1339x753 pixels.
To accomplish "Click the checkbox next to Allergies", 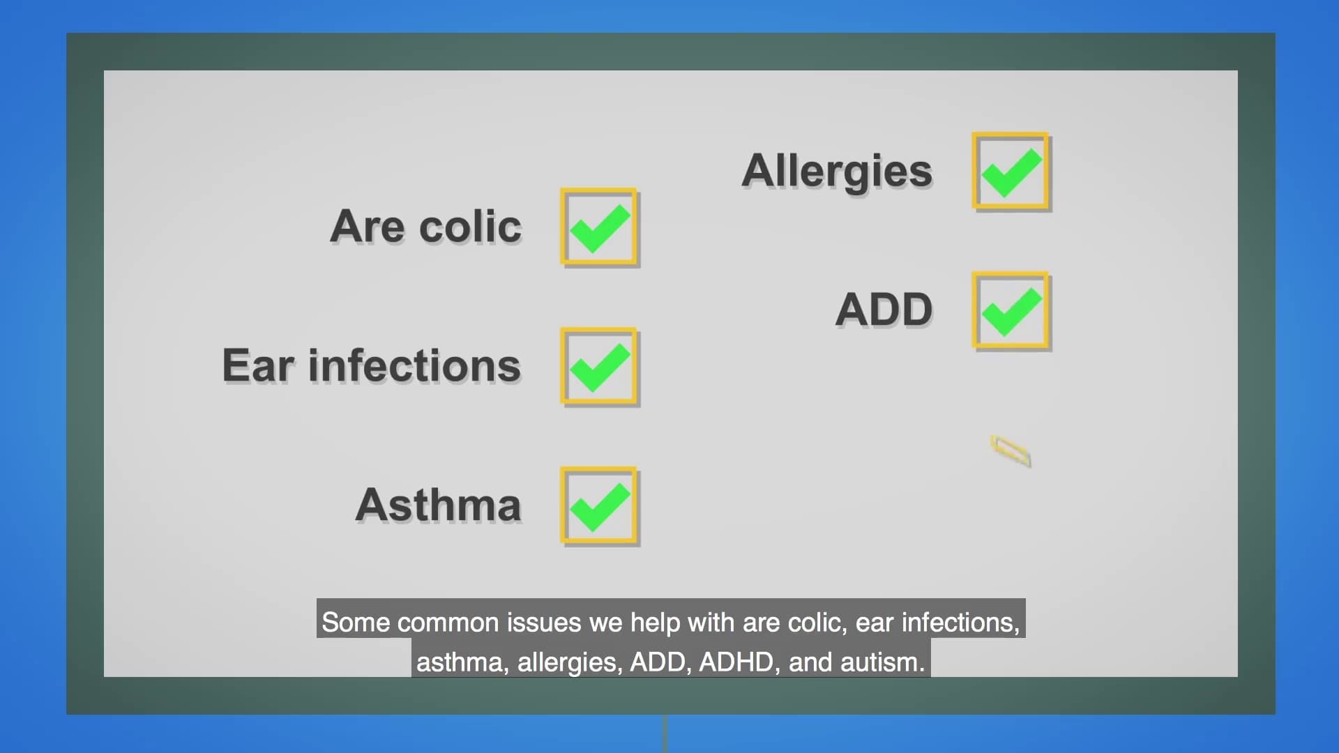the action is (x=1011, y=172).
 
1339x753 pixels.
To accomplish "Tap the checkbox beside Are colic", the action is (x=600, y=227).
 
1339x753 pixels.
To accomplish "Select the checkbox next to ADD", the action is (x=1011, y=311).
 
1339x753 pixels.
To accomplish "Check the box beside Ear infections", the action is (x=600, y=367).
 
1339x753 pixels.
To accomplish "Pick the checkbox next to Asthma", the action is (x=600, y=506).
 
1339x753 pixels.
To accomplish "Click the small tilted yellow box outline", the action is (x=1011, y=450).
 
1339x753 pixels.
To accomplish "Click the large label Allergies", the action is (x=837, y=172).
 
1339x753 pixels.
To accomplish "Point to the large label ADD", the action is (x=884, y=310).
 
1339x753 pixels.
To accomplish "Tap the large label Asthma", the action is (x=439, y=505).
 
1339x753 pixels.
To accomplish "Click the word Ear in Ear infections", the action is (x=258, y=365).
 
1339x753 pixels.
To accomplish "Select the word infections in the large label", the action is (x=415, y=365).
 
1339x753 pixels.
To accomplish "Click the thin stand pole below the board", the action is (x=665, y=733).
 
